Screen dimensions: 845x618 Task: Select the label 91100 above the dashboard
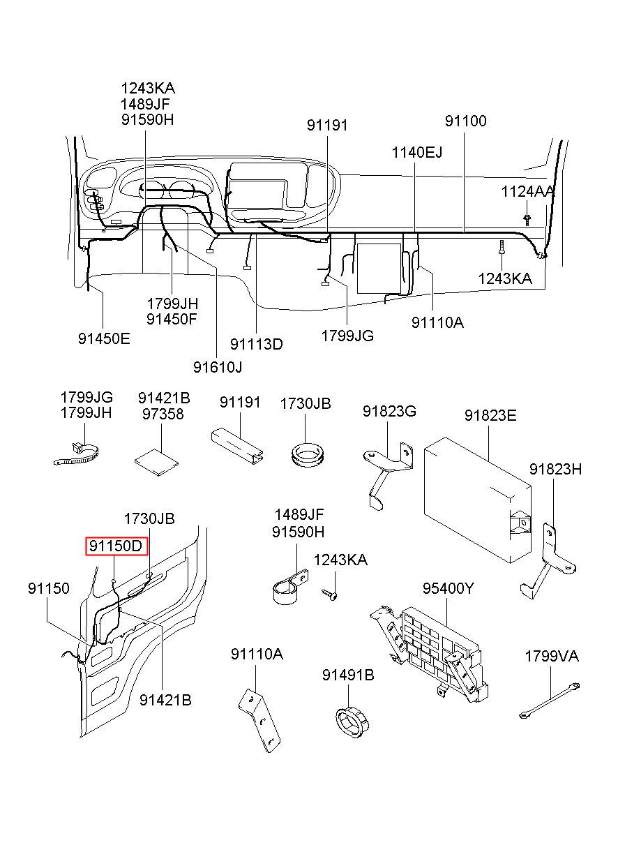(x=466, y=121)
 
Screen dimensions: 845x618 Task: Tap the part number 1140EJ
(x=416, y=152)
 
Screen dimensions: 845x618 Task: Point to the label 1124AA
(x=528, y=191)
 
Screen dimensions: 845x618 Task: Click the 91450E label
(x=104, y=338)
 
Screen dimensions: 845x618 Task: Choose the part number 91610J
(x=218, y=366)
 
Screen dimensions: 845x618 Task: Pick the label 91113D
(x=257, y=344)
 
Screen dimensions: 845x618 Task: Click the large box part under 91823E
(x=479, y=495)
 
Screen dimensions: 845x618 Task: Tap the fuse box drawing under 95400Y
(x=432, y=649)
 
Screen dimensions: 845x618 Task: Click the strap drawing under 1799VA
(x=550, y=702)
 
